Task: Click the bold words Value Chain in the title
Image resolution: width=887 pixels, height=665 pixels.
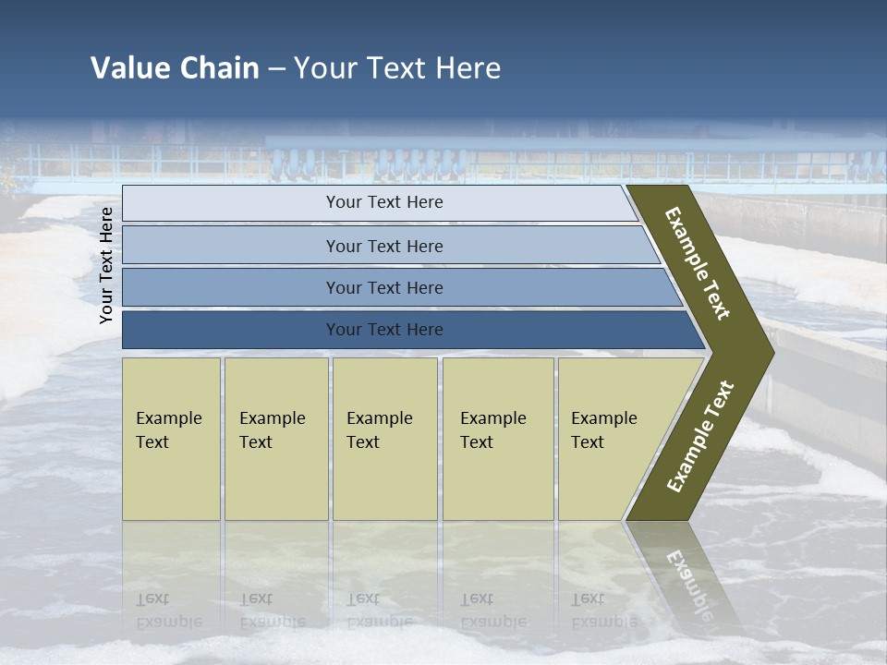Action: [x=175, y=68]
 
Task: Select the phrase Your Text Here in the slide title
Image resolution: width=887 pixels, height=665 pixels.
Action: [x=397, y=68]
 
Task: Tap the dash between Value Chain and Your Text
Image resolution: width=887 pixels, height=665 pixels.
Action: [x=276, y=69]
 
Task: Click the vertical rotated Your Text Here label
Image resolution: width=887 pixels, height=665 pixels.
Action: [x=106, y=265]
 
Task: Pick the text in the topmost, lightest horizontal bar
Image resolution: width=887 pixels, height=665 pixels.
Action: [x=384, y=202]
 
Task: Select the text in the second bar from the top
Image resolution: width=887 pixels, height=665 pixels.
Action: [x=384, y=246]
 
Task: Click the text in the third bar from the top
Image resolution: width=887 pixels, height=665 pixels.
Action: [x=384, y=287]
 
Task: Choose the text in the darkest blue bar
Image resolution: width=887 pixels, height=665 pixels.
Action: [x=384, y=330]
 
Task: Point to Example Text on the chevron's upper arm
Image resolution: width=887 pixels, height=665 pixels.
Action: [x=698, y=263]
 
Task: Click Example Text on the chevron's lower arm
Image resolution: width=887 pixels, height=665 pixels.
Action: [x=700, y=437]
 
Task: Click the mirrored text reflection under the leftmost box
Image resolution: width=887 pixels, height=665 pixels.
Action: [x=168, y=611]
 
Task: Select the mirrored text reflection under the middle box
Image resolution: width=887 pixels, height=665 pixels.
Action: [x=379, y=611]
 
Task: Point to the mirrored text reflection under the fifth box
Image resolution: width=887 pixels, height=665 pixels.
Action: [x=603, y=611]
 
